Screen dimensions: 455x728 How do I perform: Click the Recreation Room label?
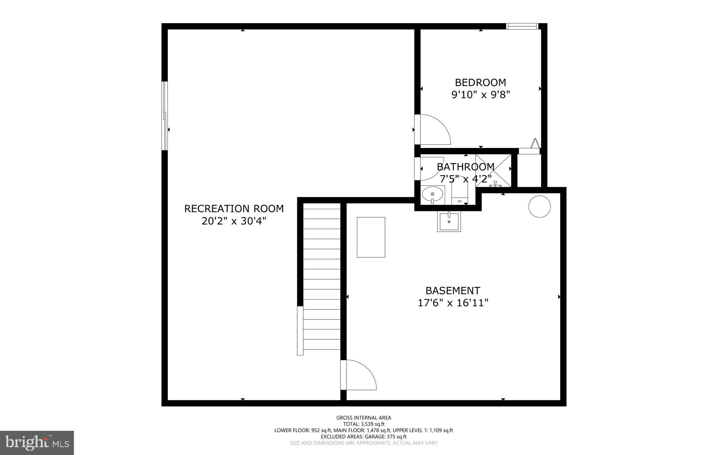pos(234,208)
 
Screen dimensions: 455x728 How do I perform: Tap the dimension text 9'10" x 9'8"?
pos(481,95)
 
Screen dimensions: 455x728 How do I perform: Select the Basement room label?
pos(453,291)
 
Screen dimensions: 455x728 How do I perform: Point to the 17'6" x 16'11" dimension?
pos(453,303)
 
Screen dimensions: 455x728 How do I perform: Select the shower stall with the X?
pos(493,169)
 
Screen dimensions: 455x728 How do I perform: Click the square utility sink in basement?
pos(449,222)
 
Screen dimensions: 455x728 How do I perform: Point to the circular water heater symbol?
pos(540,206)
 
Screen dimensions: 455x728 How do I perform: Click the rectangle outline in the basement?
pos(371,237)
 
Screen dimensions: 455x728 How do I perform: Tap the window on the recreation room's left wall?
pos(165,116)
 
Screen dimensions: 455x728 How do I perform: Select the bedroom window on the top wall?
pos(522,26)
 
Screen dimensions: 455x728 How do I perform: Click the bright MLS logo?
pos(37,443)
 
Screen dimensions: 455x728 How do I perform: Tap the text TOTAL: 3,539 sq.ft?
pos(364,424)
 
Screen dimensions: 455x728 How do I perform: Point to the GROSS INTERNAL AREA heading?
pos(364,418)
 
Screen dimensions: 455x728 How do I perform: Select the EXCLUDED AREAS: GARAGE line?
pos(364,437)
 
